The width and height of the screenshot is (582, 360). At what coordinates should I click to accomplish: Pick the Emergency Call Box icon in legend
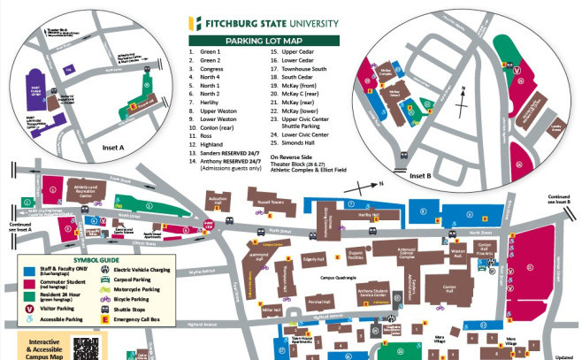pos(111,318)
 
